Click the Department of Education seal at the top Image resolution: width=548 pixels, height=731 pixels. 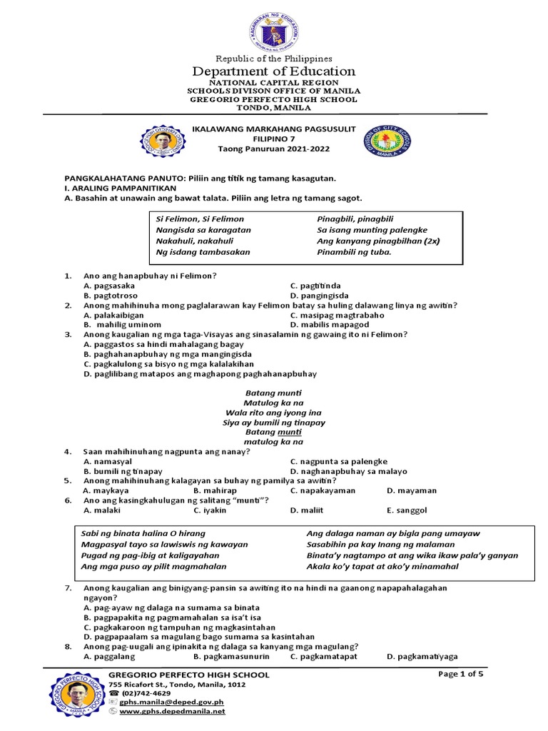coord(274,27)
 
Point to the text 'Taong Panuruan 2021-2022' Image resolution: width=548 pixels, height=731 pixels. coord(274,148)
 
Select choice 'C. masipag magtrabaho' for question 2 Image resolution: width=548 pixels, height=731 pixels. coord(338,315)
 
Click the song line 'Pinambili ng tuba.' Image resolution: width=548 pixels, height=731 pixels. coord(354,251)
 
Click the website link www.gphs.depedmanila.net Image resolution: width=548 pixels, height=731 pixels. coord(172,712)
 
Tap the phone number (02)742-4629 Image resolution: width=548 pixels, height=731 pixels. coord(146,693)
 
